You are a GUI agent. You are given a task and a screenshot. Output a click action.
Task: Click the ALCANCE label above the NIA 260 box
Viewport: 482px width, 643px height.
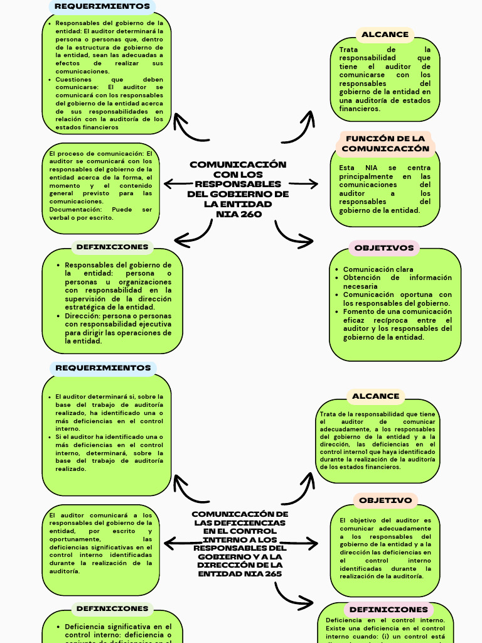(x=385, y=35)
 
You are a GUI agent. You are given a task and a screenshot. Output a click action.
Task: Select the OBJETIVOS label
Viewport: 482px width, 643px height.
(x=384, y=248)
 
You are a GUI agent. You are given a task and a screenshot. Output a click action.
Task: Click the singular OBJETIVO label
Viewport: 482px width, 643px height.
(x=385, y=500)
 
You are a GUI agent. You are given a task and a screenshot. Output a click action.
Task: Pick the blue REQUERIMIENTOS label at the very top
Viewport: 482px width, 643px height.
(x=102, y=6)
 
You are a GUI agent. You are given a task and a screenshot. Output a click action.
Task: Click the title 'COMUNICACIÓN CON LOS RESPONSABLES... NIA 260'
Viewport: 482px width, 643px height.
(x=238, y=189)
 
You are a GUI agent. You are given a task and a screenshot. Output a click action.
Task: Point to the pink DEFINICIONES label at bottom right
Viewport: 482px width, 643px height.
(x=388, y=609)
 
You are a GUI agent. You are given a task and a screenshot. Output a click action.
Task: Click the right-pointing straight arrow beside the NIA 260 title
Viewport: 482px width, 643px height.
(x=304, y=183)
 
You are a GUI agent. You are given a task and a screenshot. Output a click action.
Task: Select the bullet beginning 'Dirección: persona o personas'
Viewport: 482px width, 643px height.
(x=117, y=328)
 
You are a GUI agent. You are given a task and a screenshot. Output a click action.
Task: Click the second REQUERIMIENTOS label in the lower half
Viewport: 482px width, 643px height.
(x=103, y=368)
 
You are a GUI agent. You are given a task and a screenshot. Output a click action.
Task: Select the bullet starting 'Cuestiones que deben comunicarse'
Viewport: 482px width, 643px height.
(x=109, y=104)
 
